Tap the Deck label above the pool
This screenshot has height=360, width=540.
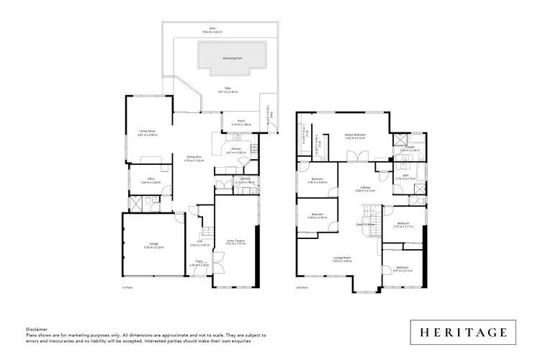coord(212,28)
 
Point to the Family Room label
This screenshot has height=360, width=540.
coord(148,131)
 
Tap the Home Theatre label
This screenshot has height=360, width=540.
coord(235,242)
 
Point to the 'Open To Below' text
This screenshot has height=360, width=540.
coord(366,224)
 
